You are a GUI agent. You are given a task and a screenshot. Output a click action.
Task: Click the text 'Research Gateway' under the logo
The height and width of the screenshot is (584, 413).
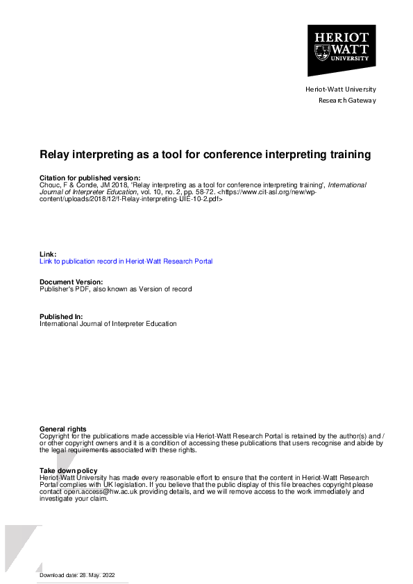pyautogui.click(x=346, y=100)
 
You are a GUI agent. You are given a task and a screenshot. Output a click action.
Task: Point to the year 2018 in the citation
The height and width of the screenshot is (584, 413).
pyautogui.click(x=105, y=185)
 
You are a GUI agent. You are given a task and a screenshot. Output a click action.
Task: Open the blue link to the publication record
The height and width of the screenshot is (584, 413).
pyautogui.click(x=126, y=261)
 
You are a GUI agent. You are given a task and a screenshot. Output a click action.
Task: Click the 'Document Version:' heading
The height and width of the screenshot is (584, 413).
pyautogui.click(x=71, y=282)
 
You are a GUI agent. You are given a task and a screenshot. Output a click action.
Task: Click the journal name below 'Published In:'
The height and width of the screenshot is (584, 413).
pyautogui.click(x=108, y=323)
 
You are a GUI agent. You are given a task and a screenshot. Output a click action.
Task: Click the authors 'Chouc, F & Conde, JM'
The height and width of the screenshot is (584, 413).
pyautogui.click(x=68, y=185)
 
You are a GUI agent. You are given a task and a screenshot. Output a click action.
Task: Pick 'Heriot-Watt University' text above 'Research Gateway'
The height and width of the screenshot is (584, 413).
pyautogui.click(x=340, y=89)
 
